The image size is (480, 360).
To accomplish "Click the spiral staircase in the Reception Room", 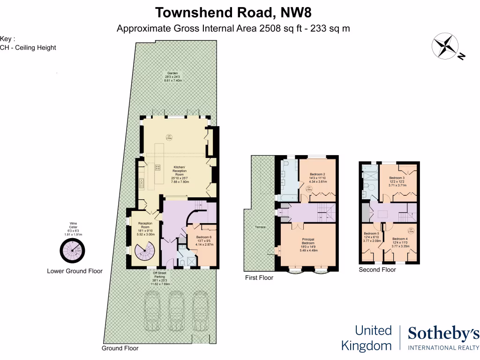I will click(143, 252).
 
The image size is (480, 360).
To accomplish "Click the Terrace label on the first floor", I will click(260, 227).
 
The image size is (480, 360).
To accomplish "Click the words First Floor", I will click(259, 278).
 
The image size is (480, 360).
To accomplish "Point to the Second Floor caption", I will click(377, 270).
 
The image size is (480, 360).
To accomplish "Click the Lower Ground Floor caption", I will click(75, 271).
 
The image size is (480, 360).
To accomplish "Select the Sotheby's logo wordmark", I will click(443, 334).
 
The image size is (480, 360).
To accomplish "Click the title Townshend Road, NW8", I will click(233, 12).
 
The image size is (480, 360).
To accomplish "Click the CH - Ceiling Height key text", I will click(28, 47).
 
